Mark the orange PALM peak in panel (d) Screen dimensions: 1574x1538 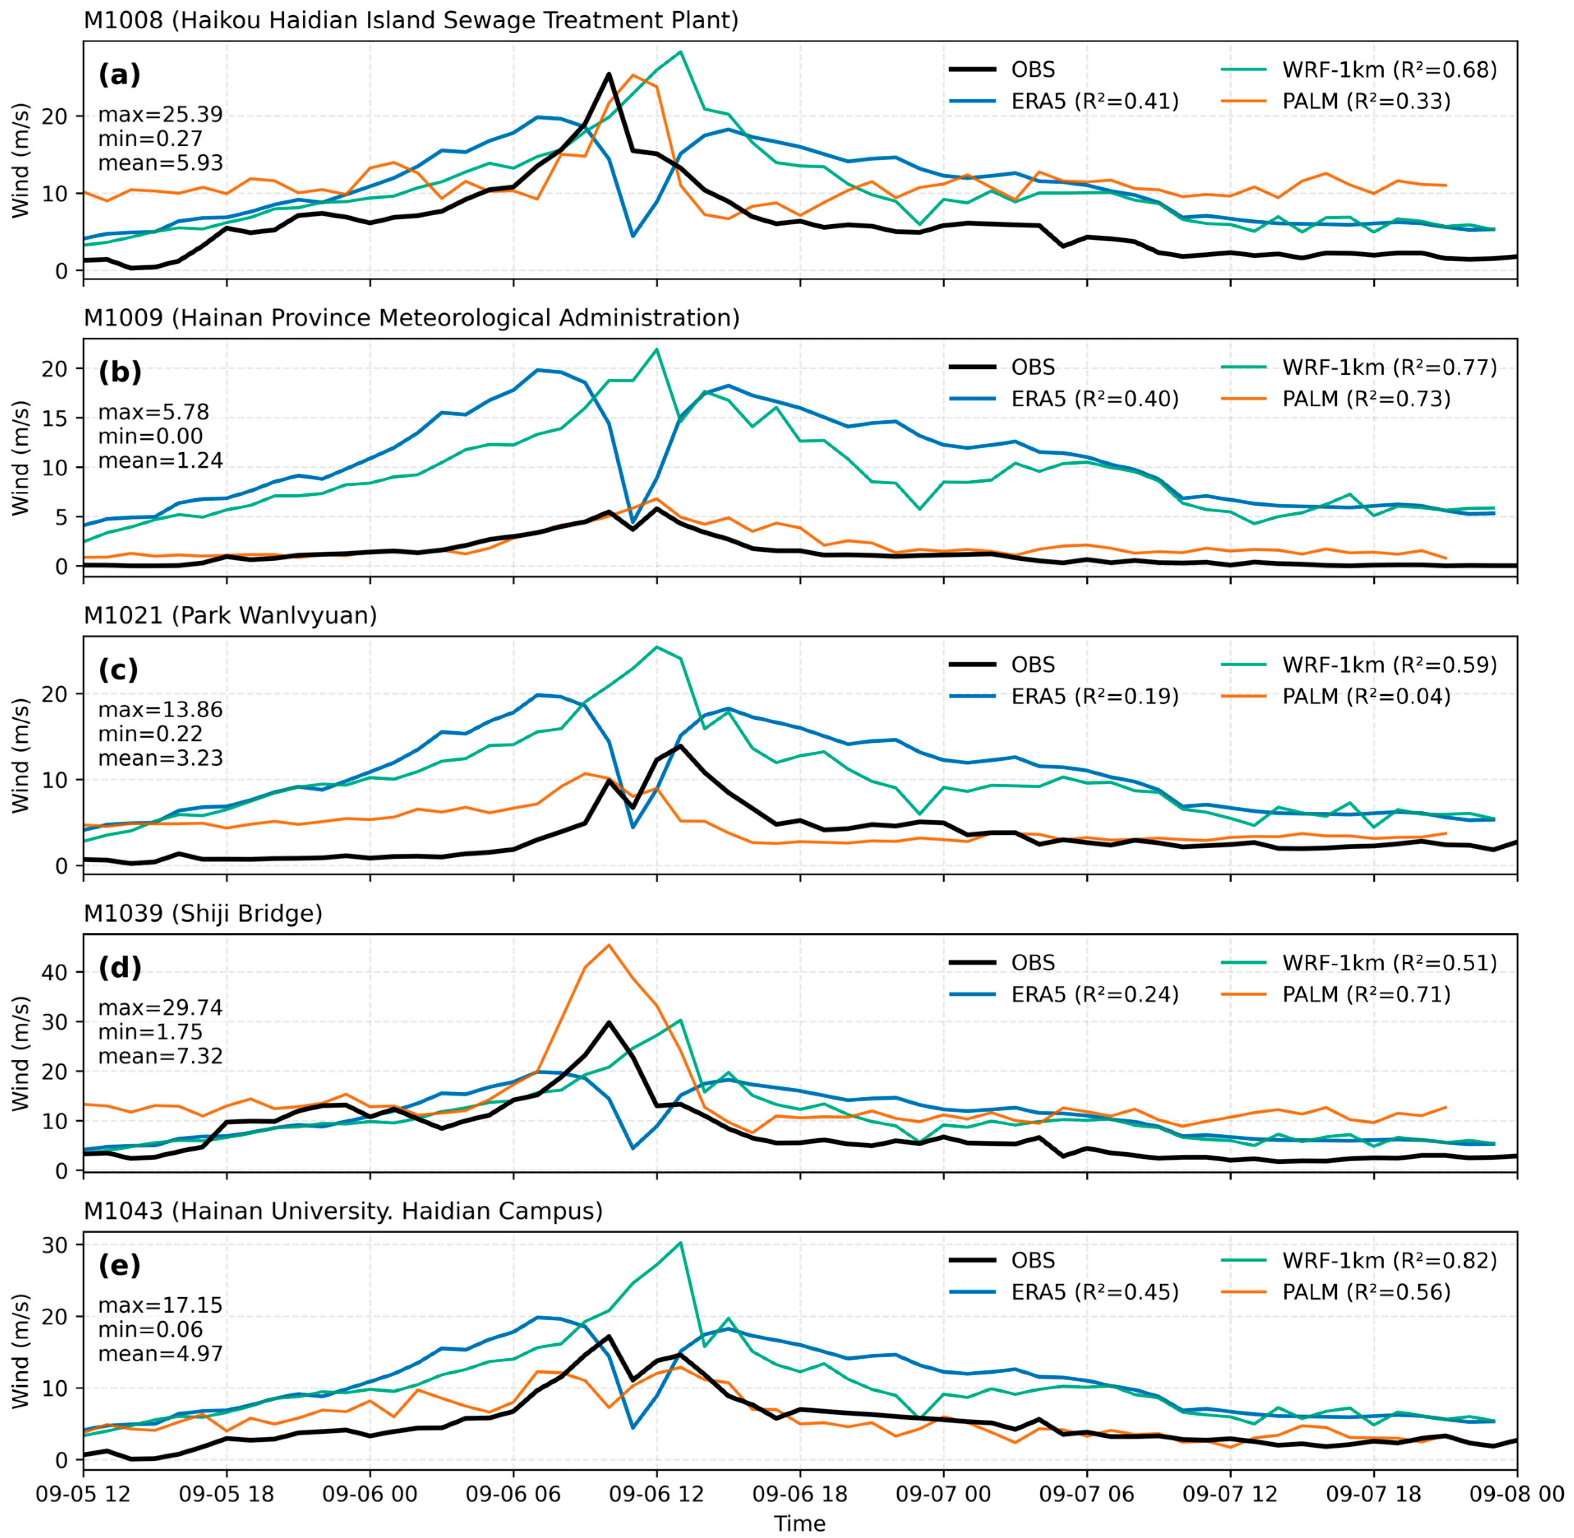(x=609, y=944)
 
